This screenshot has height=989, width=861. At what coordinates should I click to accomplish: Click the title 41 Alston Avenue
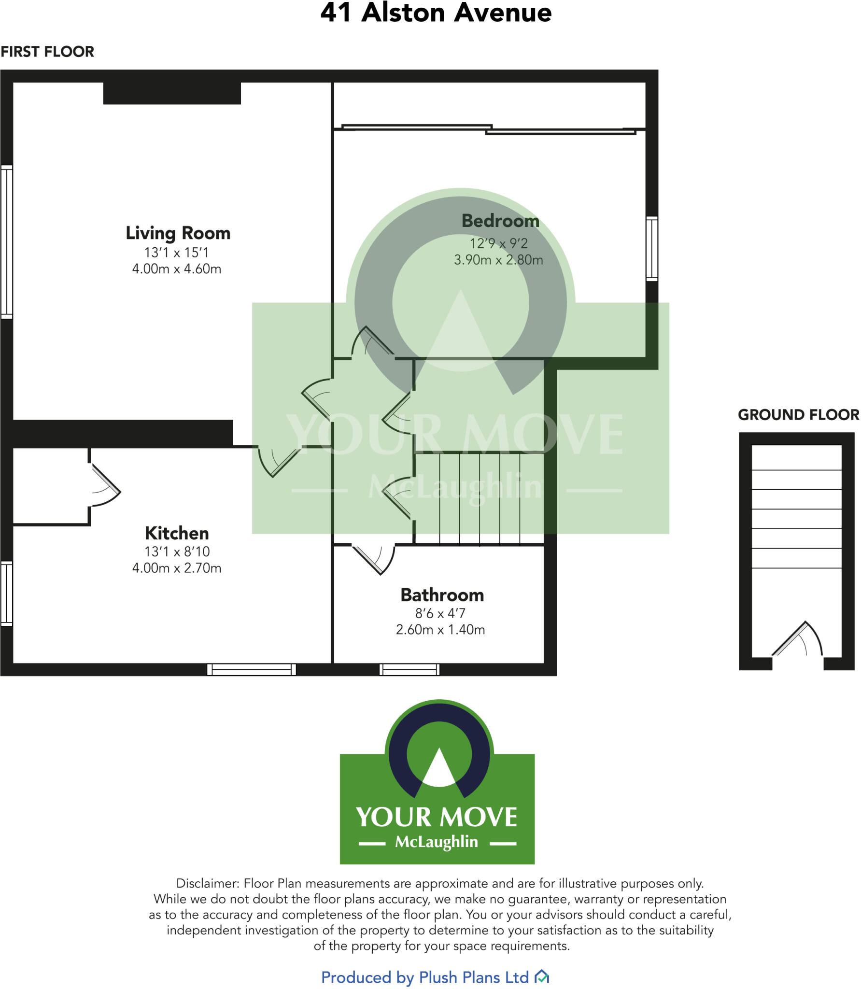tap(436, 13)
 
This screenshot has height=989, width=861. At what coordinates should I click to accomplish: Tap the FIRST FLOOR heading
tap(47, 52)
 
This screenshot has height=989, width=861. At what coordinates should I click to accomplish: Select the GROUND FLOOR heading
tap(798, 415)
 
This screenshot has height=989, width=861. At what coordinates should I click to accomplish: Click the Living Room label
tap(178, 233)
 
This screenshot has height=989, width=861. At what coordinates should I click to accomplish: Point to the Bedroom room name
tap(500, 221)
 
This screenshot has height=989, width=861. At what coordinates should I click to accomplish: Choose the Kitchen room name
tap(177, 534)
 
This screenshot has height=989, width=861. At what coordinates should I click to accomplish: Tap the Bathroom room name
tap(442, 595)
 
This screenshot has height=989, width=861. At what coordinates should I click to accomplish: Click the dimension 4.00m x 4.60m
tap(177, 269)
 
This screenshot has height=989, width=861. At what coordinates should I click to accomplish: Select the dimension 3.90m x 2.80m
tap(498, 260)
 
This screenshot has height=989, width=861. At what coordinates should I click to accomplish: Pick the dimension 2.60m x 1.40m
tap(440, 630)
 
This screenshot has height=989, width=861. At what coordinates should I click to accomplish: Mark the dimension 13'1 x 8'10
tap(177, 551)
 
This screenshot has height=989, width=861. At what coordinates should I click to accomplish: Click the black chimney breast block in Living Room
tap(172, 93)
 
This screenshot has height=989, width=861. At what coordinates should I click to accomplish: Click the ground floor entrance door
tap(797, 640)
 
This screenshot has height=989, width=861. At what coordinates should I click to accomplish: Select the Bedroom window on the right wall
tap(651, 249)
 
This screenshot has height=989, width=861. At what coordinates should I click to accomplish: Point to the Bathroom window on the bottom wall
tap(409, 669)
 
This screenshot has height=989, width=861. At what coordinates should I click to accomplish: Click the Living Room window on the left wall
tap(7, 241)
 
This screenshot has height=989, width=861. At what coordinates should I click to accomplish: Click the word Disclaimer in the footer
tap(207, 884)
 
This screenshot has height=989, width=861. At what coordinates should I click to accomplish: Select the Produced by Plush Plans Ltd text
tap(425, 977)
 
